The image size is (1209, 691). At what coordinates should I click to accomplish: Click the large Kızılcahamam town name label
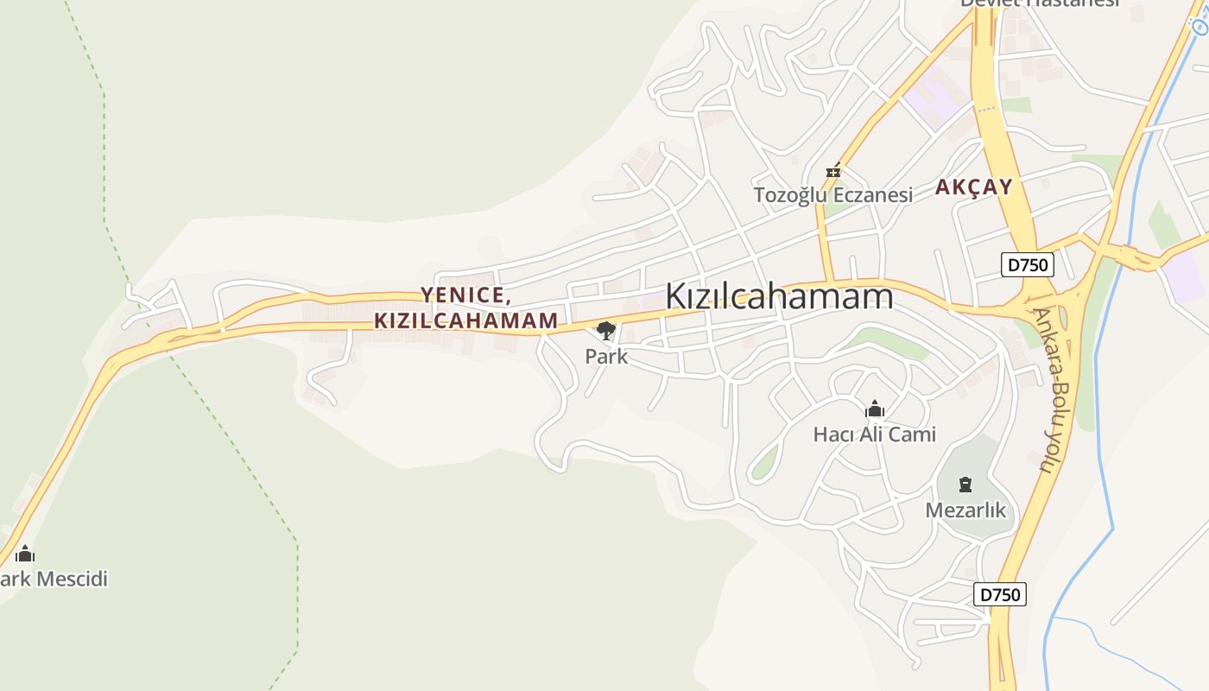[779, 296]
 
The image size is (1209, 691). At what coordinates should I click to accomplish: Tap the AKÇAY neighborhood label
[973, 187]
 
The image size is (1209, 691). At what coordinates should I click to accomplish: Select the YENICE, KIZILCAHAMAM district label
[466, 307]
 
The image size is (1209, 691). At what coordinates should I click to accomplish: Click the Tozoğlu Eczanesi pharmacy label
[833, 194]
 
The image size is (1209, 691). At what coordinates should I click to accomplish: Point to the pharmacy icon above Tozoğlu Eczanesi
[833, 170]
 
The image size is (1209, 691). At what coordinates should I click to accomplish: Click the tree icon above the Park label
[606, 329]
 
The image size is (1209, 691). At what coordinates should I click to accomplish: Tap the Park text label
[606, 356]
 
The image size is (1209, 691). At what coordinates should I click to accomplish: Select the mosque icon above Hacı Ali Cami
[875, 409]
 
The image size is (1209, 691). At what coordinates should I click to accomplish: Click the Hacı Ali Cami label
[875, 434]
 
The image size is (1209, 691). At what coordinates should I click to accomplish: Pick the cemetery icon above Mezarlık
[965, 484]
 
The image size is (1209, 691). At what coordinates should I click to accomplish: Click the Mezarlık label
[965, 510]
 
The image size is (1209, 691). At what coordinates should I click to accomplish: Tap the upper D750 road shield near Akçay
[1028, 264]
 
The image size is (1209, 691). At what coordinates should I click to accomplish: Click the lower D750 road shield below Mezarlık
[1000, 594]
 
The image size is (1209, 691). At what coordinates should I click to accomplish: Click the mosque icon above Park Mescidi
[25, 553]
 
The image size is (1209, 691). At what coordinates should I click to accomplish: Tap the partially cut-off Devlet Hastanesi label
[1040, 3]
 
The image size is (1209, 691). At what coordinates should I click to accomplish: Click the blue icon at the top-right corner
[1200, 26]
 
